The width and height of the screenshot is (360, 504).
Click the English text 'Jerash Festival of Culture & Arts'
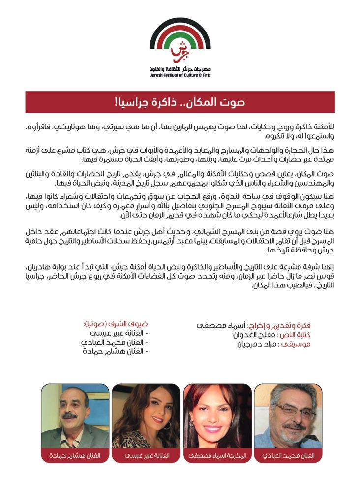pyautogui.click(x=180, y=76)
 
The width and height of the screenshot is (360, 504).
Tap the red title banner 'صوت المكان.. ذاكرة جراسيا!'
pyautogui.click(x=180, y=102)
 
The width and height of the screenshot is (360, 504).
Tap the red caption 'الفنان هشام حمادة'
pyautogui.click(x=75, y=456)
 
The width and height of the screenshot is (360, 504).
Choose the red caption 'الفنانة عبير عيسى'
pyautogui.click(x=146, y=456)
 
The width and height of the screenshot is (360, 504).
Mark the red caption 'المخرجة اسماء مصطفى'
pyautogui.click(x=217, y=456)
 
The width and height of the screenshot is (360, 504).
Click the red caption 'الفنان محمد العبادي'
pyautogui.click(x=288, y=456)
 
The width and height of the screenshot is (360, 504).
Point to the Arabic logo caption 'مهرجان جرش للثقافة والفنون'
pyautogui.click(x=180, y=70)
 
